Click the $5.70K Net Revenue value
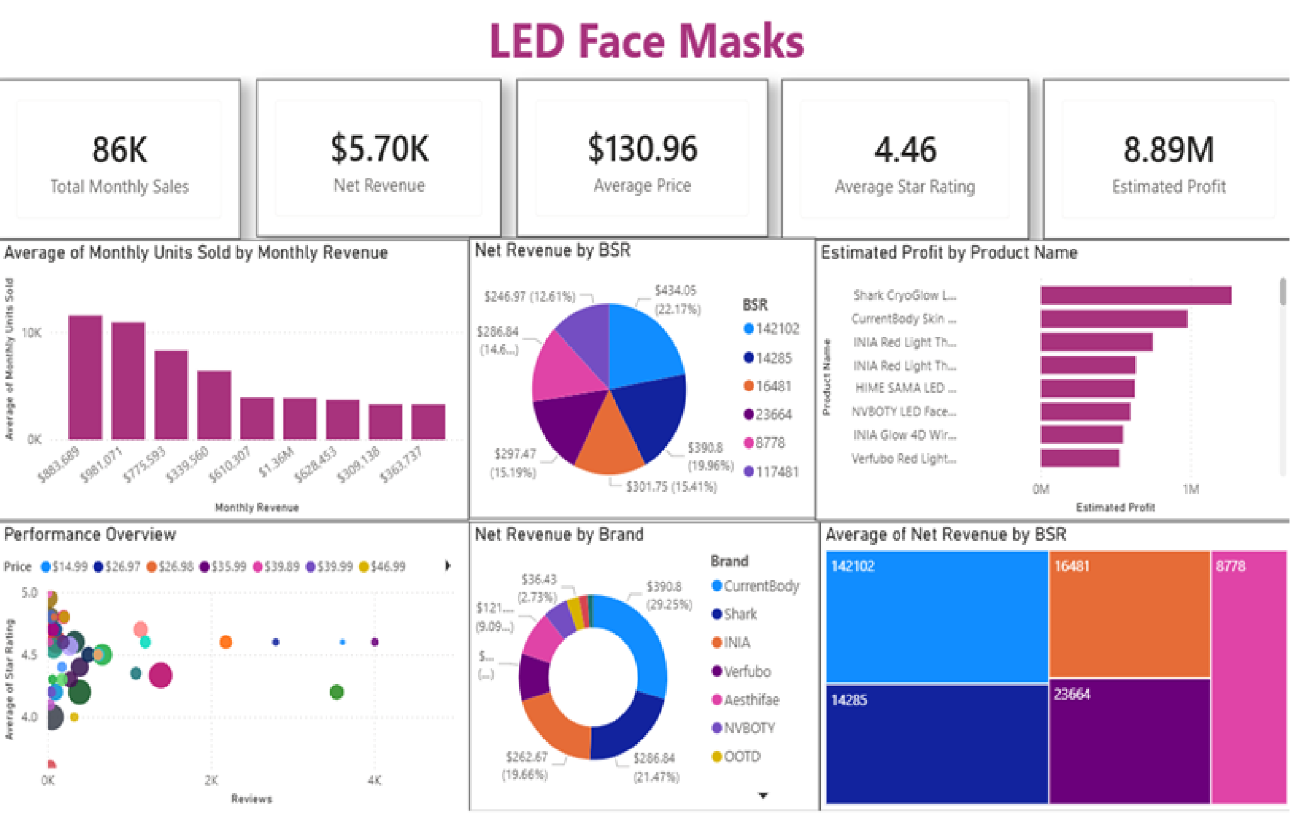point(379,149)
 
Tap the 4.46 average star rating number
point(905,150)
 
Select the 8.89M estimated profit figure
point(1169,150)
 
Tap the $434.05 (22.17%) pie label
point(676,299)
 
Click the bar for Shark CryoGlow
point(1135,295)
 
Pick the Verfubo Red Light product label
point(903,459)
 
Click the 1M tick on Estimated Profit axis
point(1190,489)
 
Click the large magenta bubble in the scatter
point(161,675)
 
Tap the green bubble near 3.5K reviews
point(337,692)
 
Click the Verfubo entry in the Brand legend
point(746,671)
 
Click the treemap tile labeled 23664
point(1129,740)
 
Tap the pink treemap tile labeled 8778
point(1248,677)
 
